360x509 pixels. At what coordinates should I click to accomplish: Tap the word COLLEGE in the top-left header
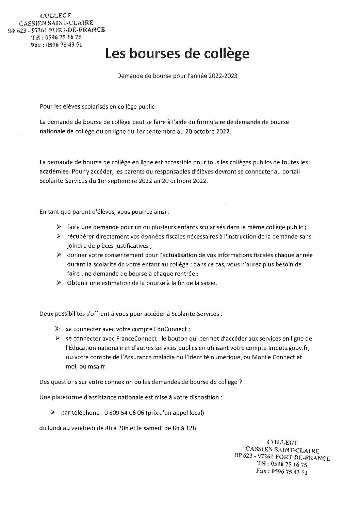pyautogui.click(x=56, y=15)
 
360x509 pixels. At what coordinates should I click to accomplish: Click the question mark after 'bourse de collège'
pyautogui.click(x=240, y=382)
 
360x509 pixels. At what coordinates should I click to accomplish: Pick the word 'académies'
pyautogui.click(x=52, y=172)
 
